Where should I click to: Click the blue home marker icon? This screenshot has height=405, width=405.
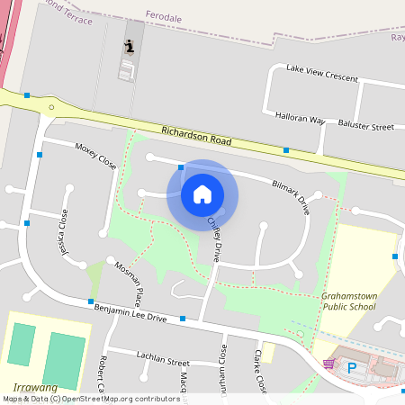(202, 194)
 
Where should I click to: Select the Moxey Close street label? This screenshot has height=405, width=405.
(96, 156)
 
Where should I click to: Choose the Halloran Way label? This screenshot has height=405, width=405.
(299, 118)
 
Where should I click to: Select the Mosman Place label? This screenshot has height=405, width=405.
(129, 283)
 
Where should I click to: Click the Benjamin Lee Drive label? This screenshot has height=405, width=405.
(131, 312)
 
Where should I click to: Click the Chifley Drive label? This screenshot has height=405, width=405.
(214, 237)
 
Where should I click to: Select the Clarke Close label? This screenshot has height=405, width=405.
(260, 371)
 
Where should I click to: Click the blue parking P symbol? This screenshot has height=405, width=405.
(352, 367)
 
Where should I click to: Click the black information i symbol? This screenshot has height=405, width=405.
(130, 48)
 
